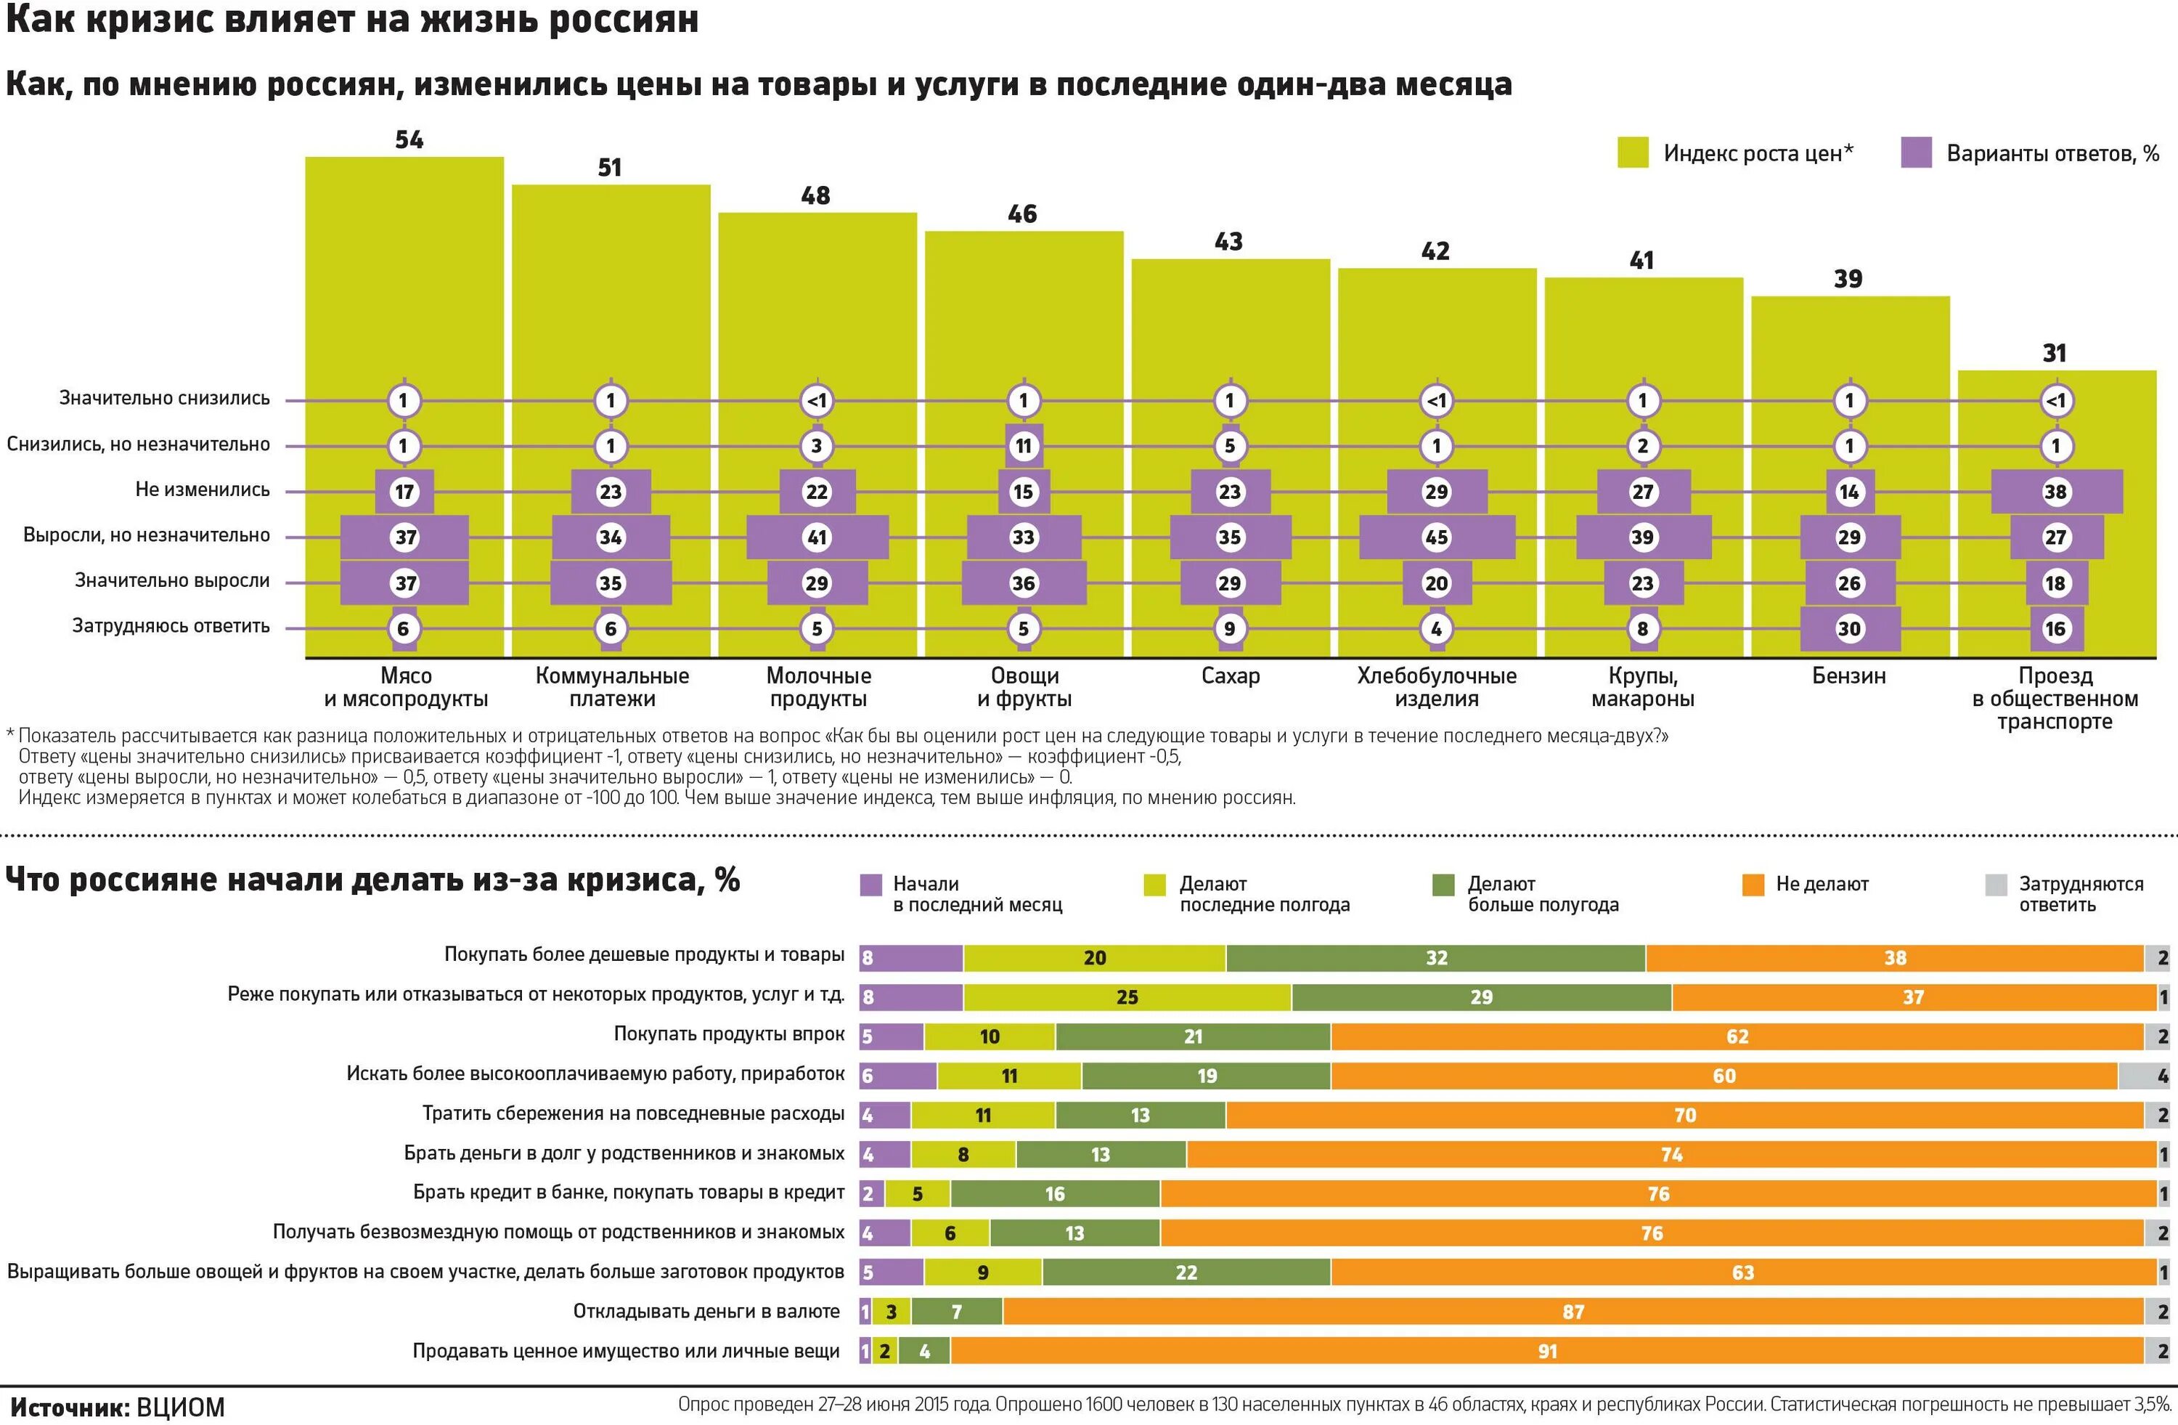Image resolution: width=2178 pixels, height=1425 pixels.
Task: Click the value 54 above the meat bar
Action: pyautogui.click(x=409, y=140)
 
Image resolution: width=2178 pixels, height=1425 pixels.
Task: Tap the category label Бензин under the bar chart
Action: pyautogui.click(x=1848, y=676)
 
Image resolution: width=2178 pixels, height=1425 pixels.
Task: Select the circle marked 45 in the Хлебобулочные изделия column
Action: pyautogui.click(x=1436, y=537)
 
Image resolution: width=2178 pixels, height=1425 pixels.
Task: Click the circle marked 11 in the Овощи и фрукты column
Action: pyautogui.click(x=1023, y=447)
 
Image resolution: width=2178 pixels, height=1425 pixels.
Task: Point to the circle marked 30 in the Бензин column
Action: pyautogui.click(x=1848, y=629)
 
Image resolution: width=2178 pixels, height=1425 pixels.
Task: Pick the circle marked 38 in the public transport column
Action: pyautogui.click(x=2055, y=492)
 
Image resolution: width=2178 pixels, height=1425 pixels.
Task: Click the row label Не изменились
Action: pyautogui.click(x=203, y=490)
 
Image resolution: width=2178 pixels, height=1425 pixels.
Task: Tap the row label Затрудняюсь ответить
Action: pyautogui.click(x=171, y=626)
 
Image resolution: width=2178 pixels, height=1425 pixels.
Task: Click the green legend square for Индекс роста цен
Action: pyautogui.click(x=1633, y=153)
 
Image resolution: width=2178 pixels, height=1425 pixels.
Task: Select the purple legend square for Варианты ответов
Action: pyautogui.click(x=1916, y=153)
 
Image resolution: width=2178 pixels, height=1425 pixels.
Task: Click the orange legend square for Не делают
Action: pyautogui.click(x=1753, y=885)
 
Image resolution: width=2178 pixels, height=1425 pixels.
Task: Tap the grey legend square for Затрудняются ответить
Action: pyautogui.click(x=1996, y=885)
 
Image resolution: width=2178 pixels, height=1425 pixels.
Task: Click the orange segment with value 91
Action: pyautogui.click(x=1546, y=1351)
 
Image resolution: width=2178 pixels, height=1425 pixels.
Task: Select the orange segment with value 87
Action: pyautogui.click(x=1573, y=1312)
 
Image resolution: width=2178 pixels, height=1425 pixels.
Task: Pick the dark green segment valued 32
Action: pyautogui.click(x=1436, y=958)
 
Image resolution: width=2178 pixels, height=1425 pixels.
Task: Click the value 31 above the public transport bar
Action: pyautogui.click(x=2055, y=353)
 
